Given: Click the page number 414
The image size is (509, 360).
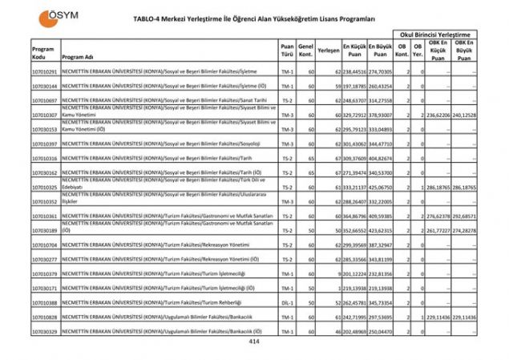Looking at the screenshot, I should [x=254, y=342].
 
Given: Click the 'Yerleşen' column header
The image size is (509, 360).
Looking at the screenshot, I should [x=327, y=50].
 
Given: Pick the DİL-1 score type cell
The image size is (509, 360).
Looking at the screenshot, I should [x=287, y=302].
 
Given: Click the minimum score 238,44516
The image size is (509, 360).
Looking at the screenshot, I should [x=353, y=71].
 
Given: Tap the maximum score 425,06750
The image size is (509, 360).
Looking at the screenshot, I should [x=381, y=187].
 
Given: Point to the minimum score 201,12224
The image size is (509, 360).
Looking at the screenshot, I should [x=353, y=273].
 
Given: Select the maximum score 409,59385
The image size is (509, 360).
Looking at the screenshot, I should [x=381, y=216].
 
